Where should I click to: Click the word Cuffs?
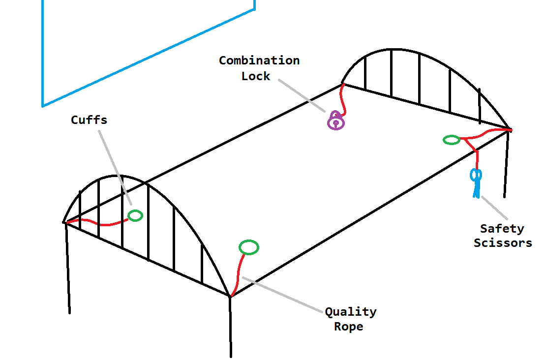89,120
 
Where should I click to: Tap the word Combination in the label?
259,61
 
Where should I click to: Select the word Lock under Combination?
256,76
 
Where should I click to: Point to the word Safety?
502,229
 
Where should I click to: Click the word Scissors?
503,243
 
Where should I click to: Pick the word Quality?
351,312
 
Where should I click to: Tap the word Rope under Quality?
349,327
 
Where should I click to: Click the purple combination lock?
336,120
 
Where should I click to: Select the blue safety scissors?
476,181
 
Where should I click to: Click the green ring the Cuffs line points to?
135,215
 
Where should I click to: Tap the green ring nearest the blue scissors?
451,140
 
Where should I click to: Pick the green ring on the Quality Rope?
249,247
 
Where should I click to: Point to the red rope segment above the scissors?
477,159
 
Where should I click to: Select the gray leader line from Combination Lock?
300,96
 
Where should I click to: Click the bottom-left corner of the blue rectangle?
43,106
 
